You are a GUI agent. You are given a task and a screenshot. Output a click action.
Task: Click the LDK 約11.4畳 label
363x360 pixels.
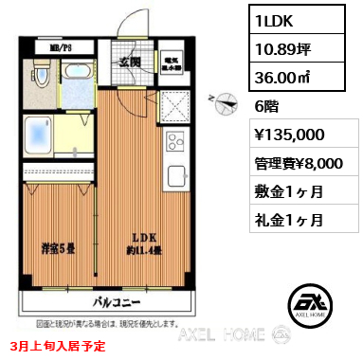[145, 243]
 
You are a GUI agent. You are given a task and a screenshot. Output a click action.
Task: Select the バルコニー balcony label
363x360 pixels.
[118, 305]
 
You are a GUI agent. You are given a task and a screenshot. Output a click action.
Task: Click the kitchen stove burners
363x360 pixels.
[174, 142]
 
